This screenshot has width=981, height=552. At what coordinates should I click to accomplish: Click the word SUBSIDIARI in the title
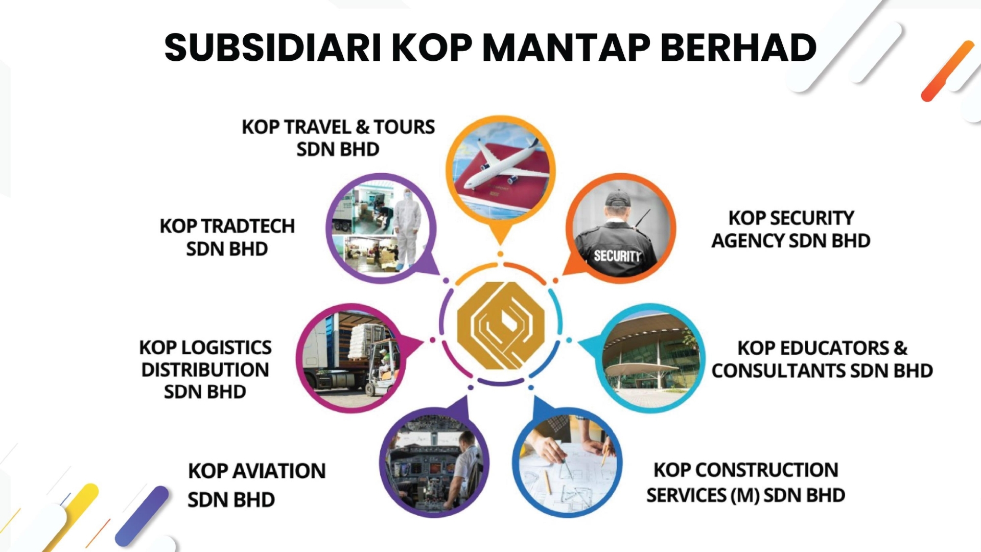(273, 48)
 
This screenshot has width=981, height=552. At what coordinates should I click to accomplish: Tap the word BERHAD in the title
(738, 48)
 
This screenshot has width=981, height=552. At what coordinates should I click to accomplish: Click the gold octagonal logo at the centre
(501, 325)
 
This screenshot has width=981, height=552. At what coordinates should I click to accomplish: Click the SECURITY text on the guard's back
(617, 255)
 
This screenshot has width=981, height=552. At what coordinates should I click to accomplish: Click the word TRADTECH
(248, 226)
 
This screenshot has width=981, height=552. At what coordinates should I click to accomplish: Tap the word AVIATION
(278, 471)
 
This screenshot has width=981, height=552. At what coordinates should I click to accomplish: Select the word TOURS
(404, 127)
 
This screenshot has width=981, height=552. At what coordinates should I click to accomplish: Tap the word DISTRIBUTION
(205, 370)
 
